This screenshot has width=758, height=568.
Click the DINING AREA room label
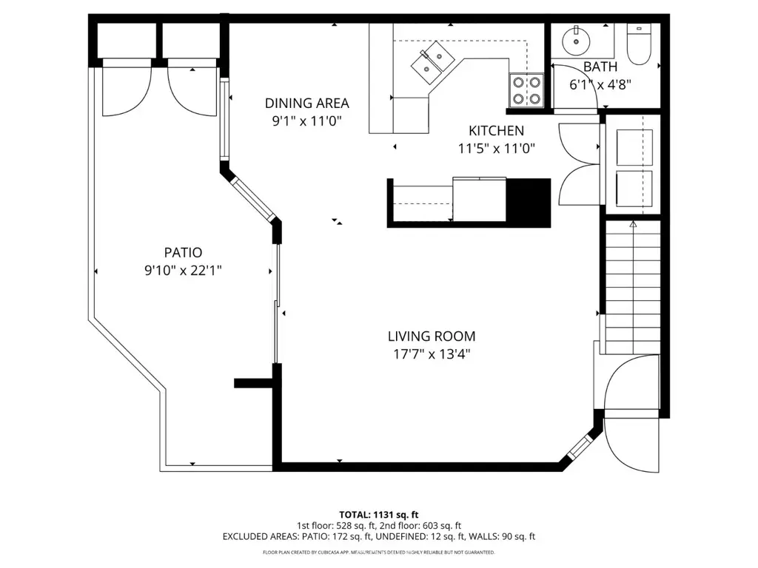click(307, 104)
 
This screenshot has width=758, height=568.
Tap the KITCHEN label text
click(496, 131)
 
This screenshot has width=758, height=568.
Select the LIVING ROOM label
click(432, 337)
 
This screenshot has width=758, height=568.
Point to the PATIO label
click(184, 252)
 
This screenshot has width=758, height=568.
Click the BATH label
click(600, 67)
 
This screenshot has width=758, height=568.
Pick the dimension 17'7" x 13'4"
click(432, 354)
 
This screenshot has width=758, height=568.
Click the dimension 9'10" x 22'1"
click(184, 270)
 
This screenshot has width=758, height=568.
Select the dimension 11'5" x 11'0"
click(496, 148)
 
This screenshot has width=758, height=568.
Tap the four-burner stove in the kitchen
click(526, 90)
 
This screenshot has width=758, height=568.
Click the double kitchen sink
click(432, 61)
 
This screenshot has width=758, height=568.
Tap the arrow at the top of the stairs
click(633, 223)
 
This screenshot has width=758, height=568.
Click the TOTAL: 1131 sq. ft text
click(378, 514)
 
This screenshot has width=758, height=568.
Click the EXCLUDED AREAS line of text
click(378, 536)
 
